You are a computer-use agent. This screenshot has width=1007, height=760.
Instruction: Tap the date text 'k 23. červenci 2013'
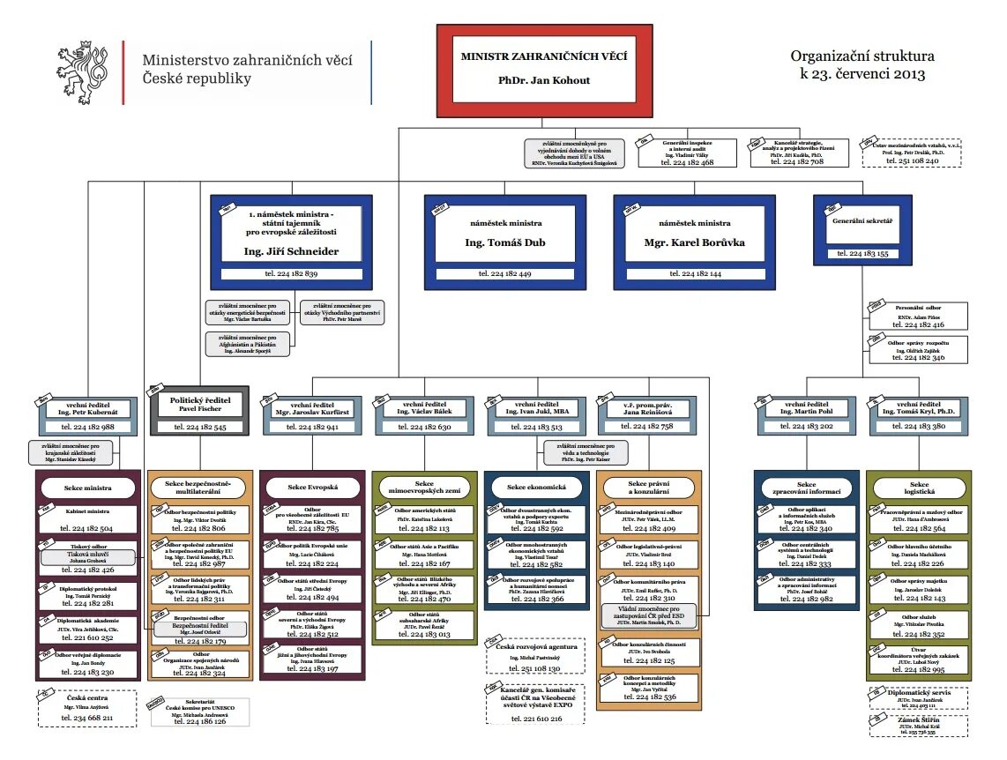(x=862, y=75)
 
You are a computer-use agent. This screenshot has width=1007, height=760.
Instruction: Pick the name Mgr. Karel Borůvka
(x=696, y=242)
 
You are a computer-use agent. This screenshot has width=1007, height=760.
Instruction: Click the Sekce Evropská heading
(x=312, y=487)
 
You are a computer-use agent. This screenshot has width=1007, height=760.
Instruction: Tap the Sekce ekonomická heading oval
(x=535, y=487)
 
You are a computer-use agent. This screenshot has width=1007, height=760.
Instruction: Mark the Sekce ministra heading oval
(x=86, y=487)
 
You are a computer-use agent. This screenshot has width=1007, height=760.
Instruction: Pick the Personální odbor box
(x=918, y=316)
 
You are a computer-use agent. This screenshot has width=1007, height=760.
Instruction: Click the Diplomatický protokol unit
(x=86, y=596)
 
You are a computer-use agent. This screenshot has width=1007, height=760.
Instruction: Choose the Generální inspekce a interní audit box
(x=689, y=152)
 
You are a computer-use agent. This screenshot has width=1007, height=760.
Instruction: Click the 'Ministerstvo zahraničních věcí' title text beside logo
(x=248, y=59)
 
